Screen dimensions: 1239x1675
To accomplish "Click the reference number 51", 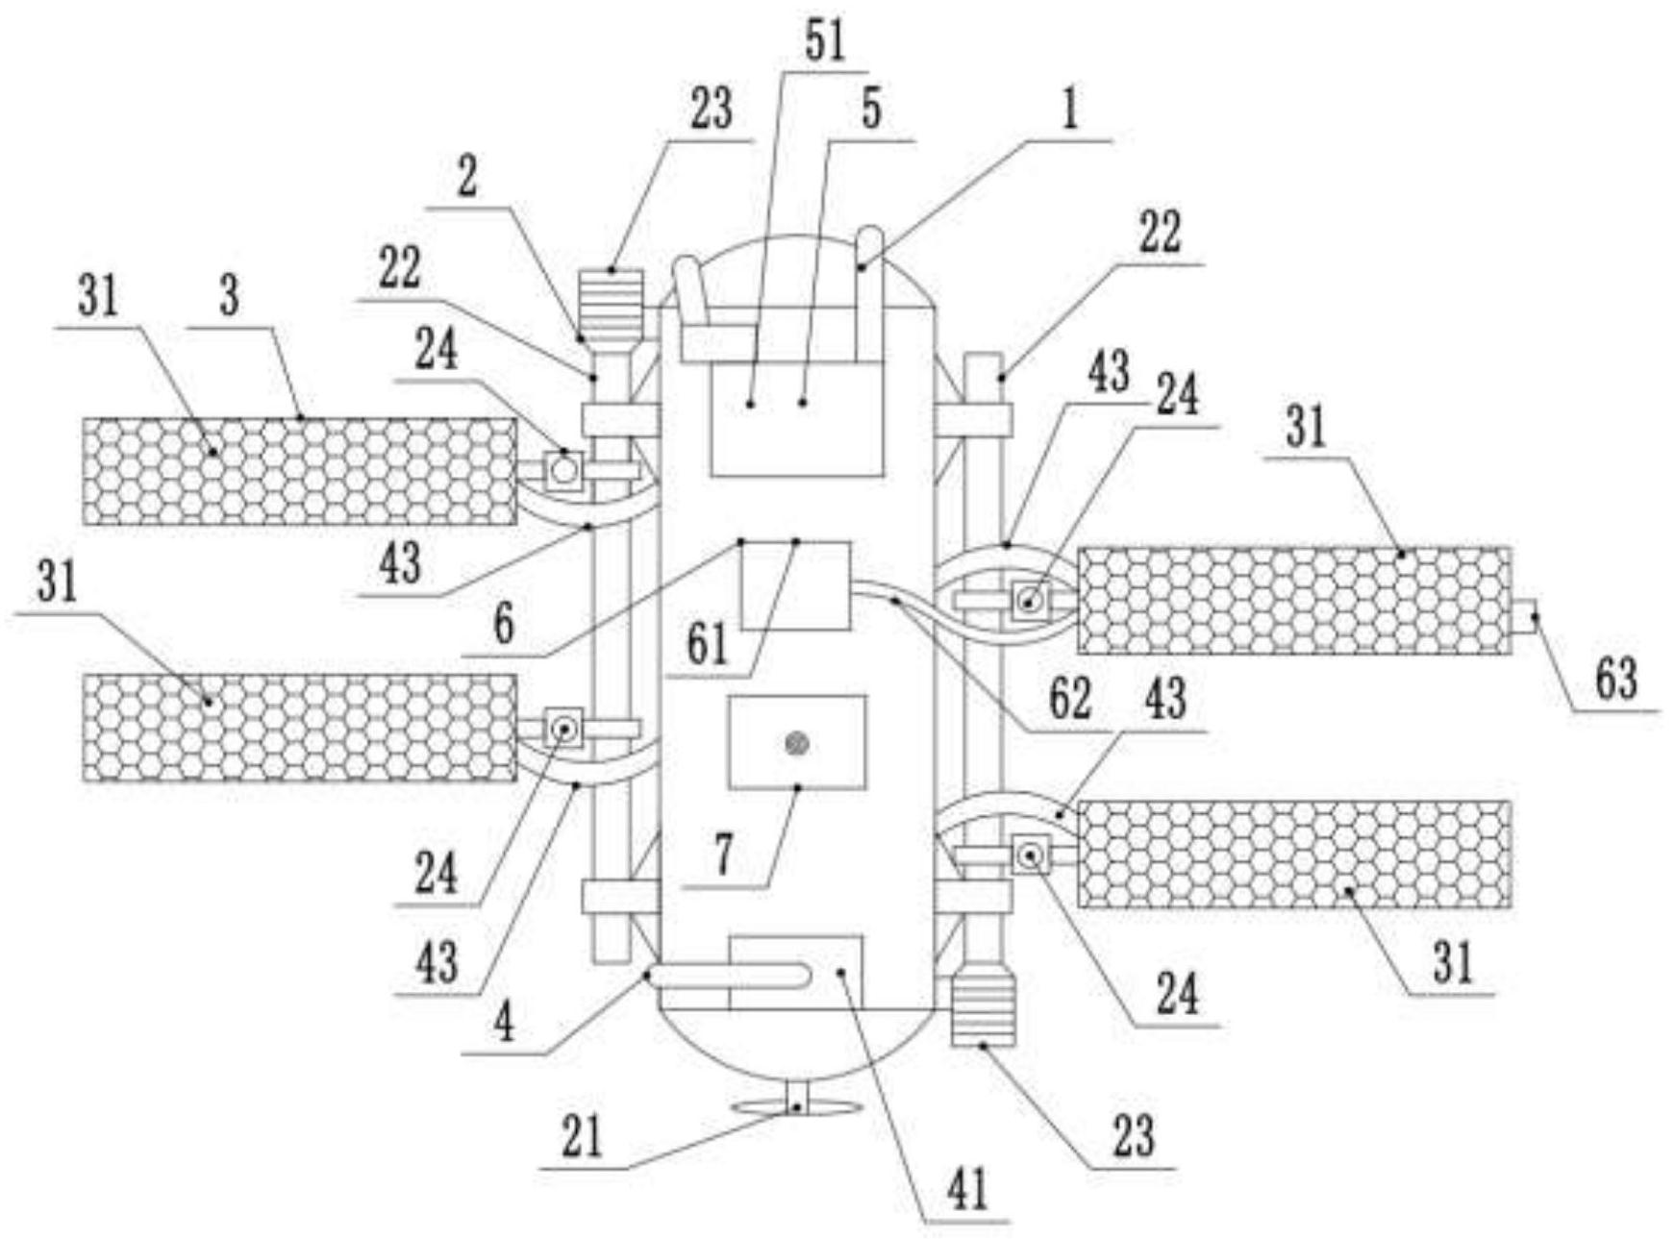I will point(823,41).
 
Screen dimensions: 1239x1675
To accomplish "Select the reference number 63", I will point(1615,679).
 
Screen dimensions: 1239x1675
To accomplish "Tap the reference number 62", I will point(1069,699).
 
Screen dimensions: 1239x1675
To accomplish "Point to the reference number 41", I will point(967,1191).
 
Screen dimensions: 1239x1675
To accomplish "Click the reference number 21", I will point(582,1137).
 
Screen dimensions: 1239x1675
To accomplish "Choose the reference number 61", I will point(708,645).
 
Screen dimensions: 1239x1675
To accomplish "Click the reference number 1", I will point(1069,110).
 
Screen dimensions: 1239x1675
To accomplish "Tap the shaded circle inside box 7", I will point(796,742).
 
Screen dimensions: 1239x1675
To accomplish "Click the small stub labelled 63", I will point(1523,615).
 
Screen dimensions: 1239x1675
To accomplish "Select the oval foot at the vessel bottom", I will point(794,1108).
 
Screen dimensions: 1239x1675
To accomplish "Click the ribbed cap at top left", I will point(612,299).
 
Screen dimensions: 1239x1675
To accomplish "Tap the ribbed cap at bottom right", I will point(983,1009).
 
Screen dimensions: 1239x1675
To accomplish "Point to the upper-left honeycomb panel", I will point(300,472).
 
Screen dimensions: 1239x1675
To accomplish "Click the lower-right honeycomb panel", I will point(1293,855).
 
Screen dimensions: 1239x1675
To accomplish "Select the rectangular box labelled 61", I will point(794,585).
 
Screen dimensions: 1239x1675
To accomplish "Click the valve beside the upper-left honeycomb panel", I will point(563,470).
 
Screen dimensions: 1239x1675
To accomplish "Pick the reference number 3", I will point(229,296).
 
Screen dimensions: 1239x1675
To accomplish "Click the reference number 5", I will point(871,110).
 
